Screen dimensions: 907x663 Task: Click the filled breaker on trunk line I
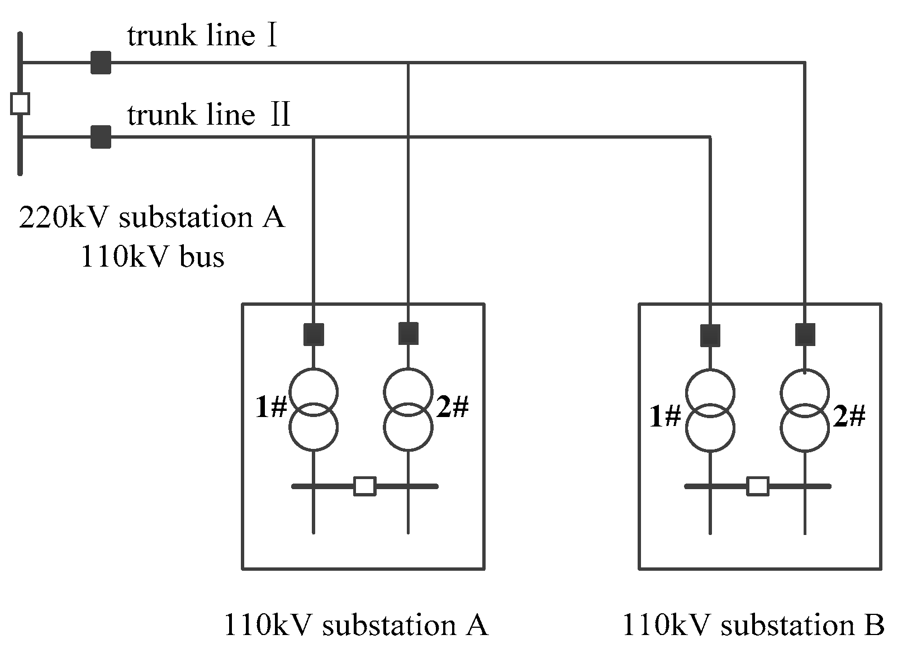click(101, 63)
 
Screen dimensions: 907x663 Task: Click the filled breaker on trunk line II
click(101, 137)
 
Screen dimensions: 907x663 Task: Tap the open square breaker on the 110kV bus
click(20, 103)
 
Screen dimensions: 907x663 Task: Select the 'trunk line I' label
click(202, 36)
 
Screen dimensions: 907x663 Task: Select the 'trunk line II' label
click(209, 114)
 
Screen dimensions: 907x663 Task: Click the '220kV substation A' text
click(152, 217)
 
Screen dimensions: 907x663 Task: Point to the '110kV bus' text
click(153, 257)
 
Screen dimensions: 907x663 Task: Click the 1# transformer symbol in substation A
click(314, 409)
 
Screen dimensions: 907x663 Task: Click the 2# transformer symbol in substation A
click(408, 409)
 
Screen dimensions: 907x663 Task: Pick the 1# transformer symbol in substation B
click(710, 410)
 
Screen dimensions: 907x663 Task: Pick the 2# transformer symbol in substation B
click(805, 410)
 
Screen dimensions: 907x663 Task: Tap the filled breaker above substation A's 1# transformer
click(314, 334)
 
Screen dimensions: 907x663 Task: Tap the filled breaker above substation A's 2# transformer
click(409, 333)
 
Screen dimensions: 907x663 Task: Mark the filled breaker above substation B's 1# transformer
click(710, 335)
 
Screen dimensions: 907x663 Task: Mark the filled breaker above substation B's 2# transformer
click(805, 334)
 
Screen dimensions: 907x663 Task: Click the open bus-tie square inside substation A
click(365, 486)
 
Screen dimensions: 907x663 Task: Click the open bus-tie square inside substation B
click(758, 486)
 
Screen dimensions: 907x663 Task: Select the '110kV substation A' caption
click(357, 624)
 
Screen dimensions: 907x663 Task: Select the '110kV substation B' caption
click(753, 624)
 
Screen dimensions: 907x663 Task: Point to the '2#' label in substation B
click(849, 416)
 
